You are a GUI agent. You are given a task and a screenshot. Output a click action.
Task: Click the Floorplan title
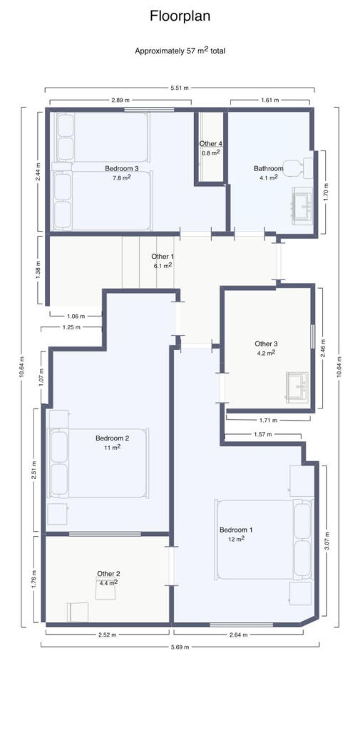click(x=180, y=17)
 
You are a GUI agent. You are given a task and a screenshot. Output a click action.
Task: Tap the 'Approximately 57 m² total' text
click(x=180, y=51)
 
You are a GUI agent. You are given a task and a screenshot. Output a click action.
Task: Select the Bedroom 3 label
click(x=122, y=168)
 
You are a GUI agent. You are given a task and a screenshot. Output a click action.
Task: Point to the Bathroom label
click(x=268, y=168)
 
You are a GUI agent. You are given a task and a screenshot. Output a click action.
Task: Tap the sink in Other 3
click(x=297, y=387)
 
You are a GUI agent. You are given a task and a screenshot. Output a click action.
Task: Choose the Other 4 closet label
click(x=210, y=143)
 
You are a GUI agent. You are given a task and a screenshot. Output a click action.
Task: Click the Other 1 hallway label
click(x=163, y=257)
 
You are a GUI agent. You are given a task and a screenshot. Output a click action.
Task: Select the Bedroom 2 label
click(x=112, y=438)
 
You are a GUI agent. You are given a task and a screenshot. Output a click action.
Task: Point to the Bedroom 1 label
click(x=236, y=530)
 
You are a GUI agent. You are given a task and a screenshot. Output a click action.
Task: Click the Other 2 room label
click(x=108, y=574)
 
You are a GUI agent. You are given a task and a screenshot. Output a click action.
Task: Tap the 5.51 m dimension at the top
click(x=180, y=88)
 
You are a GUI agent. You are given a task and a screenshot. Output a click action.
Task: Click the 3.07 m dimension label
click(x=327, y=541)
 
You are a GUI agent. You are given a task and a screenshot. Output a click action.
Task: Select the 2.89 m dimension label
click(x=120, y=100)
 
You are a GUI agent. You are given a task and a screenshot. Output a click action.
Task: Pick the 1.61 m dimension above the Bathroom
click(x=269, y=100)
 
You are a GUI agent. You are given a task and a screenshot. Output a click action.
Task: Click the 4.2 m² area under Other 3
click(x=266, y=352)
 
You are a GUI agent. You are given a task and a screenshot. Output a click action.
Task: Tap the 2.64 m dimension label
click(x=238, y=634)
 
